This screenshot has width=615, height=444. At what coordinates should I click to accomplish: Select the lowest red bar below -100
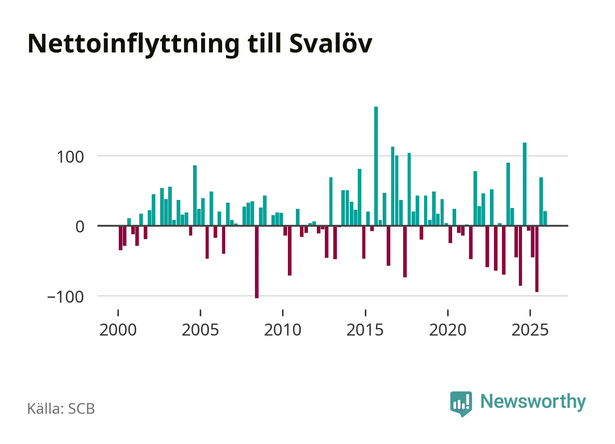(257, 262)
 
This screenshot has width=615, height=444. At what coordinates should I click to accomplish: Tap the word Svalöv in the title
(330, 43)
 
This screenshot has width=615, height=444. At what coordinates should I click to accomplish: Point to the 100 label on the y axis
(70, 157)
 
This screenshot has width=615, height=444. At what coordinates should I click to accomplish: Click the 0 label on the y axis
(80, 227)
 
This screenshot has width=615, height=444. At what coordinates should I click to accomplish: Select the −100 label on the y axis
(65, 296)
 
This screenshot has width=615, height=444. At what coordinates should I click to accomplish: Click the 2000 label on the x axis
(118, 330)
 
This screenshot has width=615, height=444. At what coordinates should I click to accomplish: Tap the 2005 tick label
(200, 330)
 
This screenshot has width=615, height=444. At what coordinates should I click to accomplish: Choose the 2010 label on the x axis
(283, 330)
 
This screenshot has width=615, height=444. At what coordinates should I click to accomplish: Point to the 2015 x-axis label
(365, 330)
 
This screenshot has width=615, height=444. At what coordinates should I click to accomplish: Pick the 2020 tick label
(448, 330)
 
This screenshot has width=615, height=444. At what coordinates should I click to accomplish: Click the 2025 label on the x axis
(530, 330)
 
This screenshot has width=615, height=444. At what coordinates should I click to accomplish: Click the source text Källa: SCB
(61, 408)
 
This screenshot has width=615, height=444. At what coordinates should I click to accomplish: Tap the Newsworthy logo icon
(461, 403)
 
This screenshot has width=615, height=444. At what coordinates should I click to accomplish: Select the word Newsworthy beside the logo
(533, 401)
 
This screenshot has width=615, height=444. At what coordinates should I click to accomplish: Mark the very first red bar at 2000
(121, 238)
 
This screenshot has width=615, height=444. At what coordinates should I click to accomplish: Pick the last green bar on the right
(545, 218)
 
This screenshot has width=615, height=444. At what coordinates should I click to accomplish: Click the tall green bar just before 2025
(525, 184)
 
